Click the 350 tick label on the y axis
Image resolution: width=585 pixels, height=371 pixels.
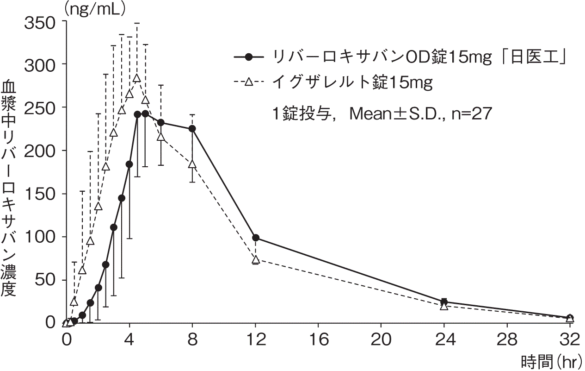tap(40, 23)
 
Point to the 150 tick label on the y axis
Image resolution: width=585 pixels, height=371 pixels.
tap(40, 194)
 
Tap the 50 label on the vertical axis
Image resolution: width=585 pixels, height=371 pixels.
tap(45, 280)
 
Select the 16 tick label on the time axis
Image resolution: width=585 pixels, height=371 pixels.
tap(318, 340)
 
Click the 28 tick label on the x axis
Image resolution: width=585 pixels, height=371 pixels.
tap(507, 340)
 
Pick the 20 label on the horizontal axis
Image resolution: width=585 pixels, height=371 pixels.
tap(381, 340)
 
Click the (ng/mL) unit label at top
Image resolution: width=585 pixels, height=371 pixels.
tap(95, 10)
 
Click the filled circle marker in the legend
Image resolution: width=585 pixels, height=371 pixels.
tap(249, 57)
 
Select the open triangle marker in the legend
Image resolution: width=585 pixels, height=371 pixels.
tap(249, 82)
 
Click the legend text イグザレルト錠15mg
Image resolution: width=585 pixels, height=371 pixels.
tap(352, 82)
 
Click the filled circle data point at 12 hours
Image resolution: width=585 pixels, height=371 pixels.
tap(256, 238)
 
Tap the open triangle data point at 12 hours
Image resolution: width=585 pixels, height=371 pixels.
tap(256, 259)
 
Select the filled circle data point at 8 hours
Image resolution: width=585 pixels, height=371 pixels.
tap(192, 128)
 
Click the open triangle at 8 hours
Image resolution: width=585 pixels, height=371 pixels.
tap(192, 164)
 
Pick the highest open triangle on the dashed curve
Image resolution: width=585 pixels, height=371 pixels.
tap(137, 78)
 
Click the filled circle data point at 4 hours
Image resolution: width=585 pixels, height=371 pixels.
tap(129, 164)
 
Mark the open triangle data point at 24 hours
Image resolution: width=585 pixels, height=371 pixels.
tap(444, 306)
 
